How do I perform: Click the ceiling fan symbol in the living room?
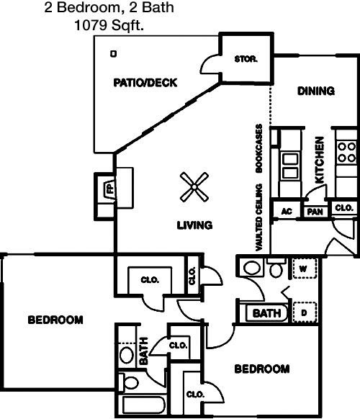[x=194, y=186]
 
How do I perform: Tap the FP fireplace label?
[x=110, y=189]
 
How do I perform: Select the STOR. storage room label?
[x=246, y=59]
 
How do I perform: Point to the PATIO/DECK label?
[x=145, y=83]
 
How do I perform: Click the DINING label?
[x=316, y=91]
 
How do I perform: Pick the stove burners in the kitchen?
[x=346, y=153]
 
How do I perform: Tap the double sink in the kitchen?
[x=290, y=166]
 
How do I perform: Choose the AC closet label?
[x=287, y=212]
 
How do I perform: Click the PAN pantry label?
[x=315, y=212]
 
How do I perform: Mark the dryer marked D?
[x=305, y=312]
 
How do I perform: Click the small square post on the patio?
[x=114, y=54]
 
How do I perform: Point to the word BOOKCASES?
[x=259, y=148]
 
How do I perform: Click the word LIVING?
[x=195, y=225]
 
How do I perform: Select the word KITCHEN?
[x=320, y=160]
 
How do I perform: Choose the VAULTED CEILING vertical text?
[x=259, y=217]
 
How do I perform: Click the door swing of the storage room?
[x=210, y=64]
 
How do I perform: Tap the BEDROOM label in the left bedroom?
[x=55, y=320]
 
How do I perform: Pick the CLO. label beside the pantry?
[x=344, y=207]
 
